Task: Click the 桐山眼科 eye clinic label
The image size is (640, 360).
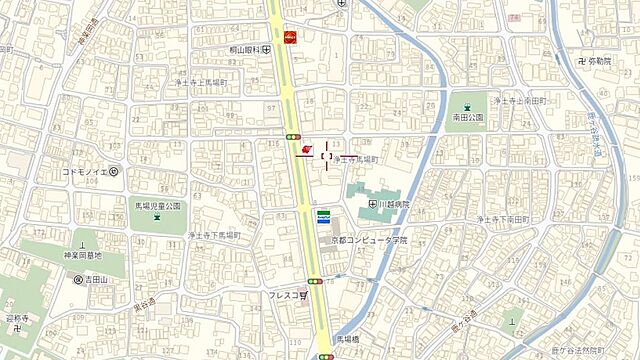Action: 243,48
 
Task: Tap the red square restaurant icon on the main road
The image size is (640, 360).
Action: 291,38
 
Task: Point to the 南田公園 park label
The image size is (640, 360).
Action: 467,117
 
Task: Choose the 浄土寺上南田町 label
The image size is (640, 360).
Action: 522,101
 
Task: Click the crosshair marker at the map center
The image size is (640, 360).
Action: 326,155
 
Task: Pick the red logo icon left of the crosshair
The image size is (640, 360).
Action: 306,150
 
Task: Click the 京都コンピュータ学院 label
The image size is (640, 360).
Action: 370,241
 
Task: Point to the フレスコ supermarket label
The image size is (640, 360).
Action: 292,296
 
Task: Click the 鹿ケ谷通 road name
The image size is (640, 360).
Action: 461,317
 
